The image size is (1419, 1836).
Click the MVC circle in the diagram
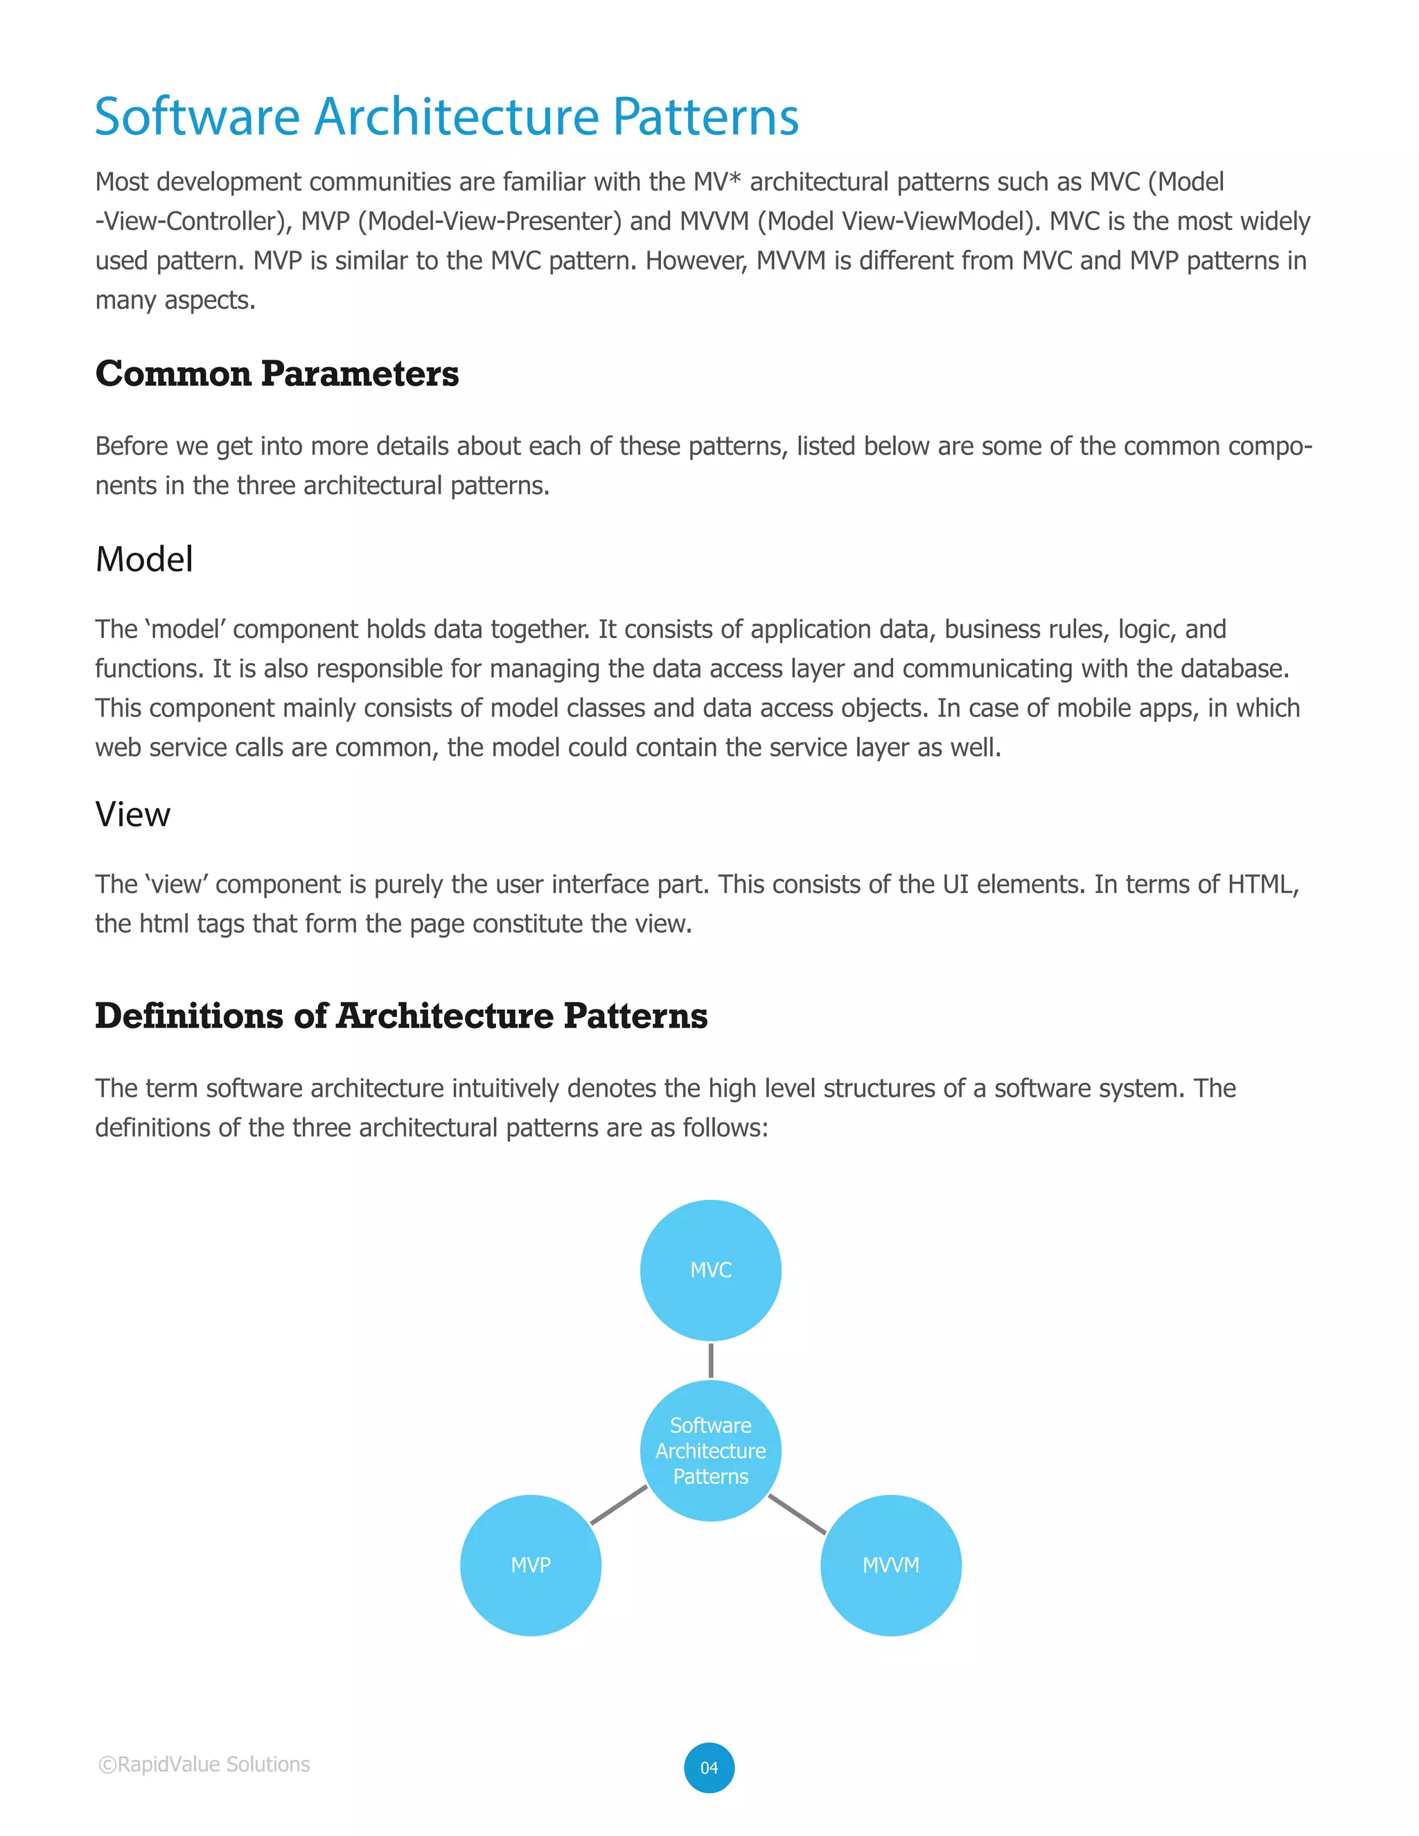point(710,1269)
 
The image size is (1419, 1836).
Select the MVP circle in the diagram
point(531,1564)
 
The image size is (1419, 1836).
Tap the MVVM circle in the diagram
point(890,1564)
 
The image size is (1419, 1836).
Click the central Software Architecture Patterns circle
point(710,1450)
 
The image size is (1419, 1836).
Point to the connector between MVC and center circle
point(710,1360)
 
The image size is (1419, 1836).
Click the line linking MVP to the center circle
point(619,1505)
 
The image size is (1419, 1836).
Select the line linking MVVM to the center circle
point(797,1514)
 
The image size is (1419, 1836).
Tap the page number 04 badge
point(709,1767)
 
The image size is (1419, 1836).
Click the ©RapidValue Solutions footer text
point(204,1764)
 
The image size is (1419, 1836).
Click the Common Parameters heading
point(276,374)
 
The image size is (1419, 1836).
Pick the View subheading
point(133,814)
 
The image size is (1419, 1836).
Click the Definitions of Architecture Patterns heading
point(401,1016)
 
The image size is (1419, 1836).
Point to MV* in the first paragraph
point(716,182)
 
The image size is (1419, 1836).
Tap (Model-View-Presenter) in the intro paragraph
point(489,221)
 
